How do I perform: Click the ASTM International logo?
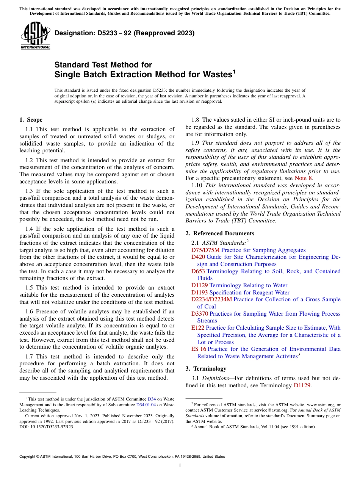35,36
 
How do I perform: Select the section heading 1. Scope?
31,120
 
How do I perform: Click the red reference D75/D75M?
205,250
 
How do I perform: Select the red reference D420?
198,257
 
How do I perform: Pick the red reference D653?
198,271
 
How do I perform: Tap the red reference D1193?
200,293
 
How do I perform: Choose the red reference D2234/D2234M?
211,299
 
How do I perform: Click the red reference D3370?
200,314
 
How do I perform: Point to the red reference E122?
198,328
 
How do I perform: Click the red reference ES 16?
199,349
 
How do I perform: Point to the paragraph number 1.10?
198,185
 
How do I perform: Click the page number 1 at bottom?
180,465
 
